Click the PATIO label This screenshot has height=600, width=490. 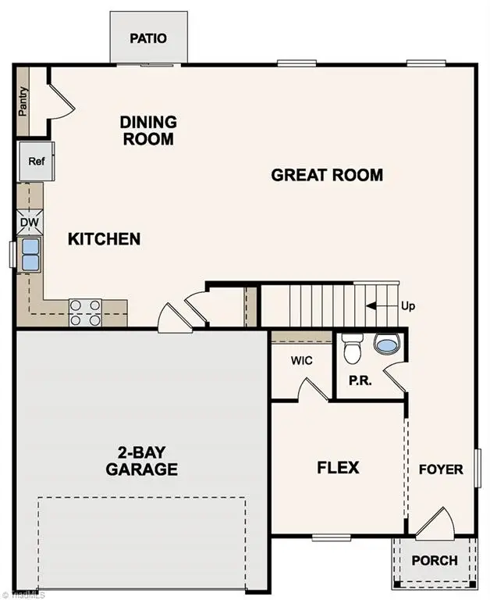148,38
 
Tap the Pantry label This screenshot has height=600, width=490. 23,101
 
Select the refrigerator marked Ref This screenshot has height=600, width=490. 36,161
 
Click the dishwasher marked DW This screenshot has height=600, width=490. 30,222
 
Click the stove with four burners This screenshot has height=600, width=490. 85,312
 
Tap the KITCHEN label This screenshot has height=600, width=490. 104,238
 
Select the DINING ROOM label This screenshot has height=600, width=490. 147,130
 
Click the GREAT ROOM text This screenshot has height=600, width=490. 327,175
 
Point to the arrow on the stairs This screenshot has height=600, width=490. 380,305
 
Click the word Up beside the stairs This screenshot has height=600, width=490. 407,305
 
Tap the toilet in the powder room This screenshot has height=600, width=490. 353,348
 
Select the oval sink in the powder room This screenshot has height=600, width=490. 385,345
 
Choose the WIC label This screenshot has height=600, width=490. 302,361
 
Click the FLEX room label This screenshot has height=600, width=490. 338,468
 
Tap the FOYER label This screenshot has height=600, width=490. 441,470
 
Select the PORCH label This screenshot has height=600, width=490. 434,560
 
